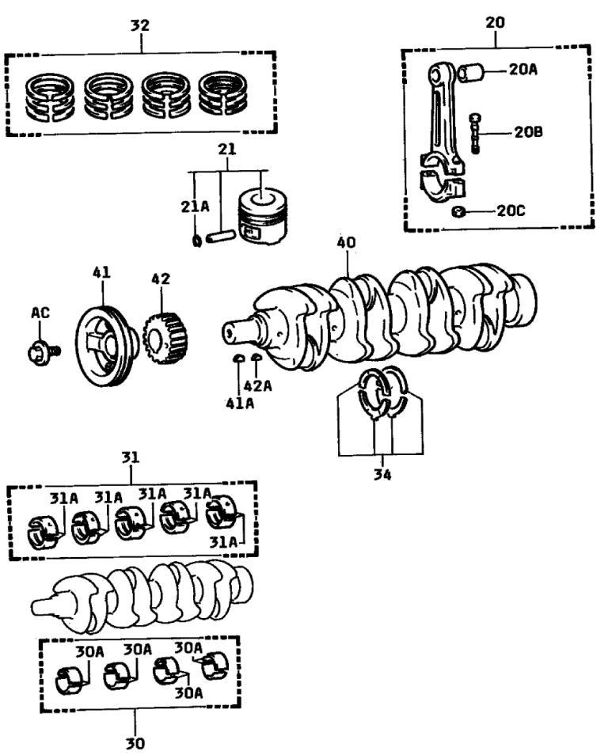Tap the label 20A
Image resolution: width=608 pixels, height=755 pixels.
[523, 70]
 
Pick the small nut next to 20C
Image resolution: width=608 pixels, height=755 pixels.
[458, 211]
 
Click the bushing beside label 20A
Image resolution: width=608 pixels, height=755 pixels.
[473, 73]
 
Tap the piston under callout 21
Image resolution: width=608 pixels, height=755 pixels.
[261, 214]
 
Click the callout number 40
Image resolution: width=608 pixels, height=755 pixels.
[346, 242]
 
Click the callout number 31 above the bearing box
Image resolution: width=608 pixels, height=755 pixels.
[131, 458]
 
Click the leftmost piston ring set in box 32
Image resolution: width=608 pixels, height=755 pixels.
[49, 96]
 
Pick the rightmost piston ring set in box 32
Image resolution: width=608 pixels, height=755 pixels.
[223, 96]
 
